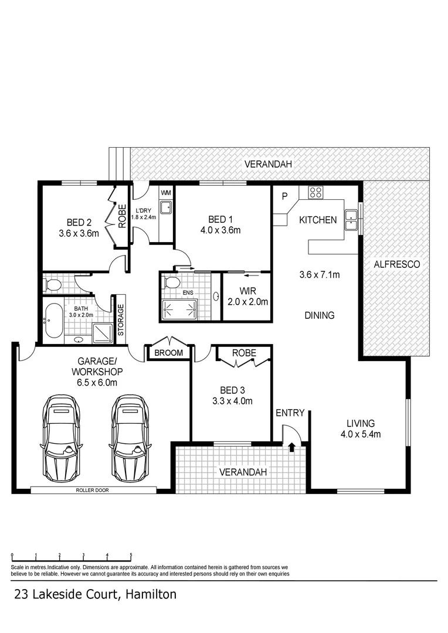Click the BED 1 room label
click(x=220, y=219)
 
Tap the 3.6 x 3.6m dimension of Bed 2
click(x=79, y=233)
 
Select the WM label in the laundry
click(x=166, y=192)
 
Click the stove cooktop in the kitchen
click(x=315, y=192)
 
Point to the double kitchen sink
click(x=351, y=218)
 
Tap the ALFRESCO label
click(x=396, y=264)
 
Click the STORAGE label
click(x=121, y=319)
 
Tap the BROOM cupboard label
click(x=168, y=353)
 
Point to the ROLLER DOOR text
click(x=92, y=490)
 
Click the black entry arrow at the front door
click(x=291, y=448)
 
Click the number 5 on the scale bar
click(x=131, y=554)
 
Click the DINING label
click(x=319, y=315)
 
